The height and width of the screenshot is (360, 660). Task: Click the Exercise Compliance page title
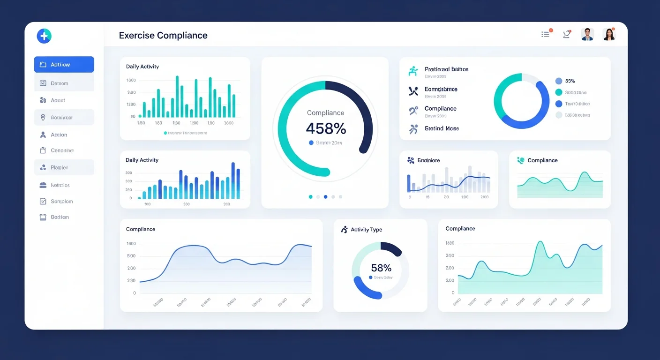[163, 36]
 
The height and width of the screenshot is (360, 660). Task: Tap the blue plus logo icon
[44, 36]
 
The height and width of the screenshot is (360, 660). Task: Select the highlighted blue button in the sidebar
[64, 65]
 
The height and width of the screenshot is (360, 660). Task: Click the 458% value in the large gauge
[325, 128]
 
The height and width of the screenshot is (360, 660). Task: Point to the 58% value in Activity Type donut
[381, 268]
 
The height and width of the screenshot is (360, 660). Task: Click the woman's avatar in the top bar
[609, 34]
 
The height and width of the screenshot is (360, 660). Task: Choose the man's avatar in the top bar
[587, 34]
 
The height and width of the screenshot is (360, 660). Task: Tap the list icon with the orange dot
[546, 34]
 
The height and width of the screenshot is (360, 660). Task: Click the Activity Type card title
[366, 230]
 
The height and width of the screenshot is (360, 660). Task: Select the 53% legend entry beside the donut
[570, 81]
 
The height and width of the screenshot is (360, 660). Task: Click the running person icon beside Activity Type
[345, 229]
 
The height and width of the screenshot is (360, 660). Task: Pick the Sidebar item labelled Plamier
[59, 167]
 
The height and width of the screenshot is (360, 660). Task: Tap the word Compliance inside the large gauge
[325, 113]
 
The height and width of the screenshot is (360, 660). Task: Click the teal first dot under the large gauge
[310, 197]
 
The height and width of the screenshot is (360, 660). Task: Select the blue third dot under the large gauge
[326, 197]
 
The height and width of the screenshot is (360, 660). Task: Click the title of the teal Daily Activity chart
[142, 67]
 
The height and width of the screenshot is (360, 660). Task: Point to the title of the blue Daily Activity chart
[142, 160]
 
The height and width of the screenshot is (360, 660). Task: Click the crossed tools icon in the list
[413, 91]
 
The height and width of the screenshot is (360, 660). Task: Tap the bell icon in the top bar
[567, 34]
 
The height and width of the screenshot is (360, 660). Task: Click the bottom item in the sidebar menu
[59, 217]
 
